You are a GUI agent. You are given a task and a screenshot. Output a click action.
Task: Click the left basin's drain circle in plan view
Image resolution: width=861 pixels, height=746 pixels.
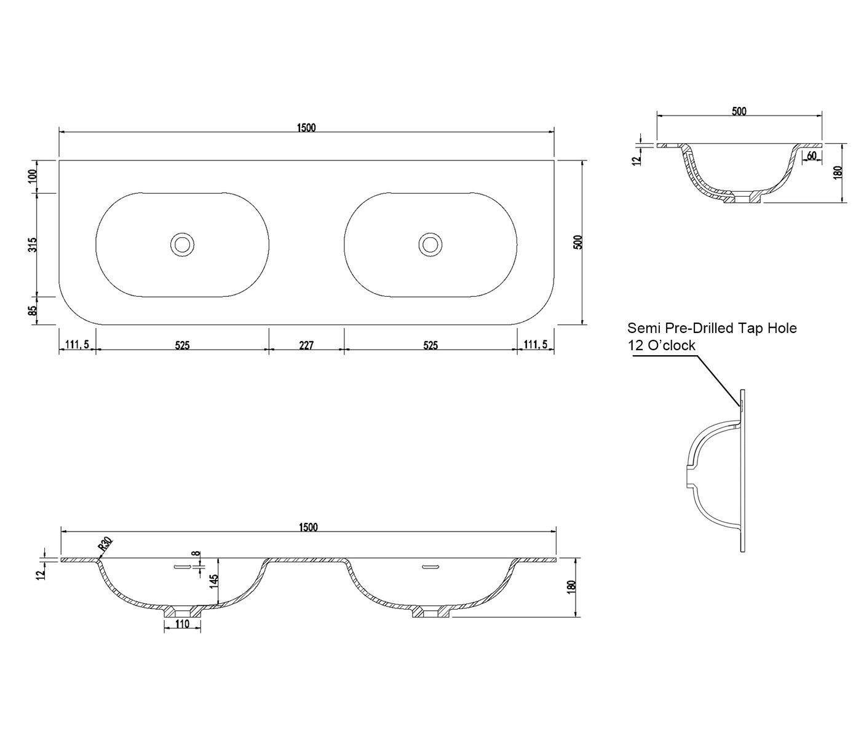183,244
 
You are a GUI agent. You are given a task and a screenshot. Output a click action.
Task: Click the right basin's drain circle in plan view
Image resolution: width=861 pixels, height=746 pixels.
430,244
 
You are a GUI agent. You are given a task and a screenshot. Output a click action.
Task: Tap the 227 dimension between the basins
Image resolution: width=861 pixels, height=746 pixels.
306,345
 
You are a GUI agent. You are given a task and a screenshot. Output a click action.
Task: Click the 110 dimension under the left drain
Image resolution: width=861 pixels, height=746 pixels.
183,624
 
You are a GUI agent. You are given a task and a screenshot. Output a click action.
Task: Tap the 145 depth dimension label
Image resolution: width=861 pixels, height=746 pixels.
213,581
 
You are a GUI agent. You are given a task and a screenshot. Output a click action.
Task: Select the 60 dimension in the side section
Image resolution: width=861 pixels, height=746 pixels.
811,155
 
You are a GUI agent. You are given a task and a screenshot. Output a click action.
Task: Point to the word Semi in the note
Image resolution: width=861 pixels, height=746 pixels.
641,328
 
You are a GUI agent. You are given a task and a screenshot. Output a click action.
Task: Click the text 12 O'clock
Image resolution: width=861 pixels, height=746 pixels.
662,345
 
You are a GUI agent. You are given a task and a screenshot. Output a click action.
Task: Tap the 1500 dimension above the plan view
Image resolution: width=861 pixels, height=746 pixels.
307,128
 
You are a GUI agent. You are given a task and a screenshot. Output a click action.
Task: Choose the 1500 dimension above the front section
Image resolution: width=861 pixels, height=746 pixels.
308,527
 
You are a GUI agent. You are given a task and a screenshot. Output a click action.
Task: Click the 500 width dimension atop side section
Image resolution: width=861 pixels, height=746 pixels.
739,111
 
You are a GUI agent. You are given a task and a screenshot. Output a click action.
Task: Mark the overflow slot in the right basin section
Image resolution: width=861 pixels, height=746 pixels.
430,567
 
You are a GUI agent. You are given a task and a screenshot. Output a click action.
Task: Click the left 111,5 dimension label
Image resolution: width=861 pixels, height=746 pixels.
77,345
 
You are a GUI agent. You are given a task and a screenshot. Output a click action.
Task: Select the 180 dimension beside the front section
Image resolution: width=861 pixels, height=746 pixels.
571,587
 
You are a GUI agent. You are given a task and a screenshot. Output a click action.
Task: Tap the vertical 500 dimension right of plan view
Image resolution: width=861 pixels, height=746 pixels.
577,242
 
